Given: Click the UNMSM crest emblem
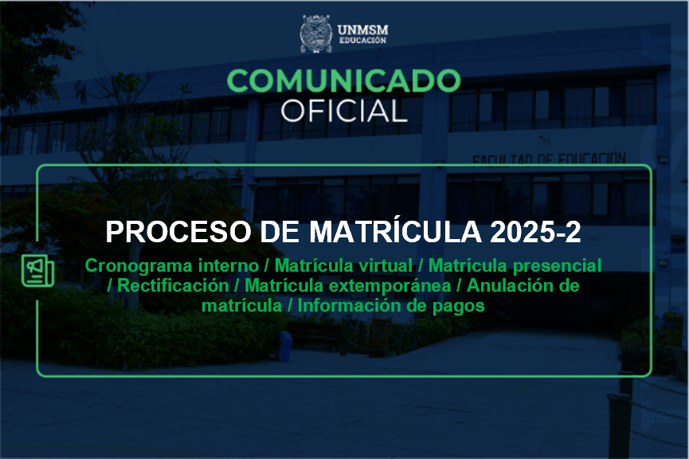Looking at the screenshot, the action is pyautogui.click(x=315, y=33).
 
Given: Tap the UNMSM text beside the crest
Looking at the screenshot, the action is pyautogui.click(x=363, y=30).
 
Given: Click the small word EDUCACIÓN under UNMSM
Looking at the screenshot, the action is pyautogui.click(x=362, y=41).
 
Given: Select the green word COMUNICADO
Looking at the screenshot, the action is pyautogui.click(x=343, y=81).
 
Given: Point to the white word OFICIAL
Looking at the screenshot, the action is pyautogui.click(x=344, y=111).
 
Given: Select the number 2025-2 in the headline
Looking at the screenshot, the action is pyautogui.click(x=535, y=232).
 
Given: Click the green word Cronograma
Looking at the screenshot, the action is pyautogui.click(x=139, y=266).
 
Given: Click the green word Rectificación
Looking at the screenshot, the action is pyautogui.click(x=173, y=286).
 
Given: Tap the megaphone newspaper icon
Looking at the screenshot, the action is pyautogui.click(x=37, y=270).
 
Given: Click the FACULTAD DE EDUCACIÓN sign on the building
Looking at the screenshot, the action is pyautogui.click(x=549, y=159).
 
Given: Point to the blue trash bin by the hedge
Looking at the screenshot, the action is pyautogui.click(x=286, y=346).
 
